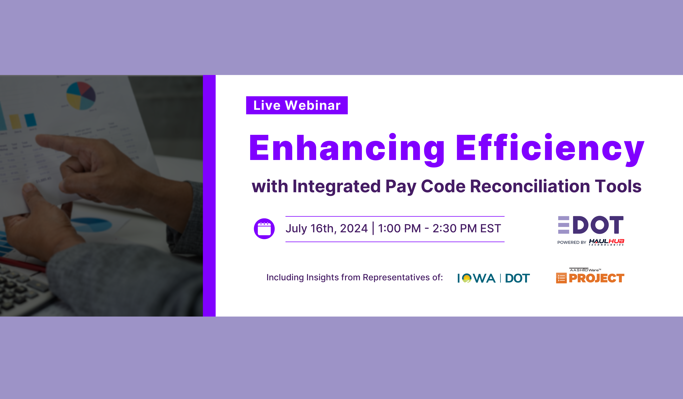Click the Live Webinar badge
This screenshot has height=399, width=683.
297,105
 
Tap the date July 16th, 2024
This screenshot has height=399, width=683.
327,228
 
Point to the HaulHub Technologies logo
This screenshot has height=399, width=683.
607,242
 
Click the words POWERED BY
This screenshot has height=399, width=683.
572,242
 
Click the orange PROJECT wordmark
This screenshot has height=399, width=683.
597,278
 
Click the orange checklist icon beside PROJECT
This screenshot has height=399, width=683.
561,278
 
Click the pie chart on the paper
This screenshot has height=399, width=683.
81,96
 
